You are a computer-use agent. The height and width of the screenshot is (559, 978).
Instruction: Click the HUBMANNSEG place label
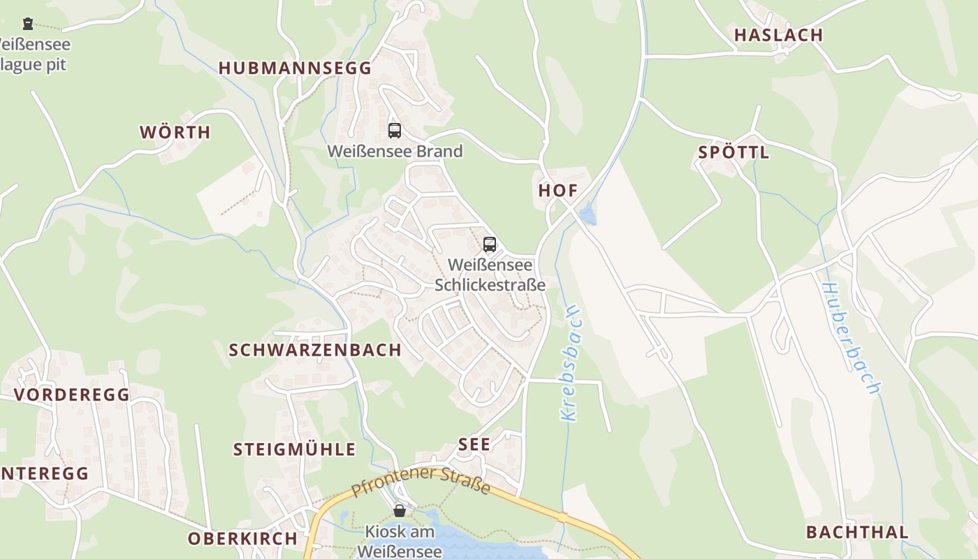295,68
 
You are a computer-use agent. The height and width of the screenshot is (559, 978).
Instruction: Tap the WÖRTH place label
175,132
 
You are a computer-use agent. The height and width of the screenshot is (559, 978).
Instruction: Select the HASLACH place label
778,35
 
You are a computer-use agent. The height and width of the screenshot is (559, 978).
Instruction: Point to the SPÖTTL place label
733,152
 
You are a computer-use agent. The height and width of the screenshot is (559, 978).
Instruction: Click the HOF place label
558,190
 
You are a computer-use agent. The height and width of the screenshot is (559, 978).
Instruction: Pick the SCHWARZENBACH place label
315,350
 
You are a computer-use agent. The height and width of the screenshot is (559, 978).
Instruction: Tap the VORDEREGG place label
72,395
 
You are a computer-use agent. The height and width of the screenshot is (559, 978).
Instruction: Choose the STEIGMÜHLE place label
294,449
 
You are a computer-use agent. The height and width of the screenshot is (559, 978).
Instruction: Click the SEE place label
474,444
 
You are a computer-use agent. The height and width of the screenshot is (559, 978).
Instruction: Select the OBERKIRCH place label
242,539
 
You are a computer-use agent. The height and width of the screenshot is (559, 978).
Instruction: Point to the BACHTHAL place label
857,532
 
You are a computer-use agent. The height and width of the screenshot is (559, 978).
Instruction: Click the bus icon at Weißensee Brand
395,130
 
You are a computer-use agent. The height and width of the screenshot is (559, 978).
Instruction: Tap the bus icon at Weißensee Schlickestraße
490,245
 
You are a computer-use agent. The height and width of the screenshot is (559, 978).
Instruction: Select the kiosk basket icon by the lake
399,511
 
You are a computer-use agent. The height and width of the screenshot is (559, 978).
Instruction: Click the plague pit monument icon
28,24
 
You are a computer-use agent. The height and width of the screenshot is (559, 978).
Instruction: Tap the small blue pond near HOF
587,214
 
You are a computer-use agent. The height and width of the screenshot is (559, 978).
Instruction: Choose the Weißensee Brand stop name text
395,151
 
